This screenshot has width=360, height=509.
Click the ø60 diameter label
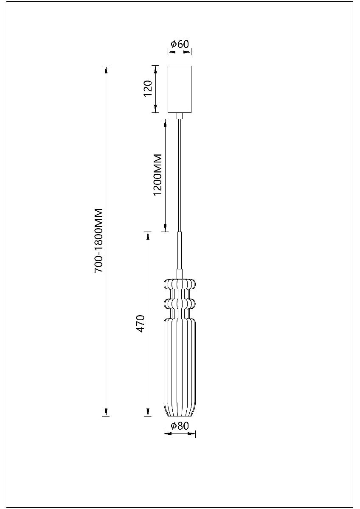pos(180,44)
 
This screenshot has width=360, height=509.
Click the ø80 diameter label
pos(180,426)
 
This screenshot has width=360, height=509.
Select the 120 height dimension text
pos(148,89)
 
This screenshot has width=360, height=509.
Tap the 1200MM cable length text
pos(158,175)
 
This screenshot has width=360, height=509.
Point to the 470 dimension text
pos(141,324)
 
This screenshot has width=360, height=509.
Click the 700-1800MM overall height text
pos(99,240)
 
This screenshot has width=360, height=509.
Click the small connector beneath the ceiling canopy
pos(180,115)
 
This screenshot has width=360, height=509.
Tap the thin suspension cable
pos(180,174)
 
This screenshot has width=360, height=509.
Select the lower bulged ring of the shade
pos(180,304)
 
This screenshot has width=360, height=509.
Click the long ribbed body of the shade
pos(180,361)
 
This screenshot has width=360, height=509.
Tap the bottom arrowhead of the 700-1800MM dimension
pos(106,412)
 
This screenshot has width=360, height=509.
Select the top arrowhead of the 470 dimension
pos(148,236)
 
